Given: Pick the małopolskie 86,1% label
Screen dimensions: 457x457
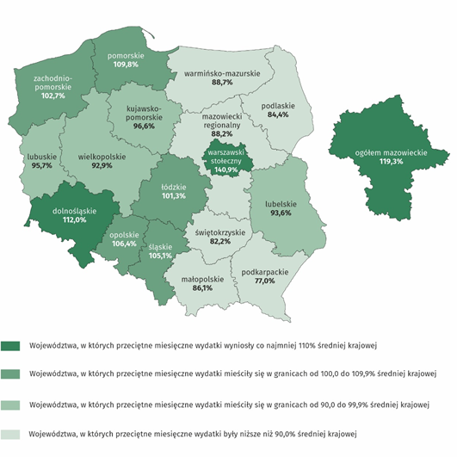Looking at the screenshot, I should [x=202, y=283].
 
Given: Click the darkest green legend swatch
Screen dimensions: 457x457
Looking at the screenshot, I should [x=12, y=346].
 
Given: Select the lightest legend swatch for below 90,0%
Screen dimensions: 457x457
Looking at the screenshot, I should [x=12, y=434].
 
